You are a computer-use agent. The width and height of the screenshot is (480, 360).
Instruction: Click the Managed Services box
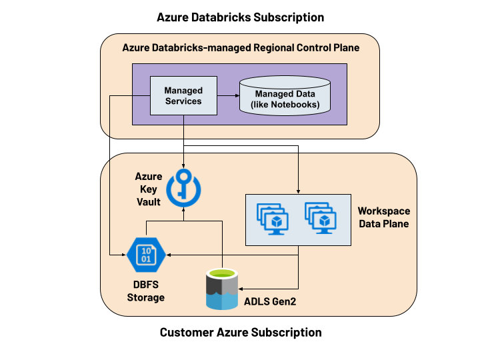pyautogui.click(x=183, y=95)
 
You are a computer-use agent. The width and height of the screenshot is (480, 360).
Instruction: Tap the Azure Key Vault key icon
pyautogui.click(x=183, y=187)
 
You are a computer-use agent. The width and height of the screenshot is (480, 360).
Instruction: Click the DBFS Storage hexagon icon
pyautogui.click(x=145, y=254)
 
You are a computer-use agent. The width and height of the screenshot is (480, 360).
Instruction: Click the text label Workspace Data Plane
pyautogui.click(x=383, y=217)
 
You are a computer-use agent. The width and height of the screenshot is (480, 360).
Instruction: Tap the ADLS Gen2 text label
pyautogui.click(x=269, y=302)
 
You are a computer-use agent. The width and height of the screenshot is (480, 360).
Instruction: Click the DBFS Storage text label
pyautogui.click(x=145, y=292)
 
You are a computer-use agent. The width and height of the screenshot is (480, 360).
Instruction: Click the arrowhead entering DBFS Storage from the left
pyautogui.click(x=123, y=254)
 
